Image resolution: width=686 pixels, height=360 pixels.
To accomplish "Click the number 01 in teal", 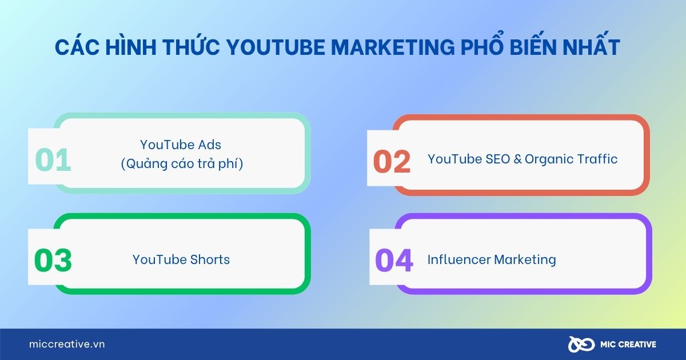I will click(x=53, y=160).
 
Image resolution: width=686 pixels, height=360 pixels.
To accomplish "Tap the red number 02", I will click(x=392, y=162).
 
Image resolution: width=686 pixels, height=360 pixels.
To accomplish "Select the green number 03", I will click(x=53, y=261).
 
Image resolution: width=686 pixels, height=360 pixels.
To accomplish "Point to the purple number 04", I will click(x=394, y=261).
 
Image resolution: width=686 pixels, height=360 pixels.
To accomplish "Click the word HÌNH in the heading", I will click(x=125, y=48).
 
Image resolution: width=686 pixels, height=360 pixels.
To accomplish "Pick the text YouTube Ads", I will click(x=181, y=145).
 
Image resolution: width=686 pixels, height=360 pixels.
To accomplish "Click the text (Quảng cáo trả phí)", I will click(x=182, y=164).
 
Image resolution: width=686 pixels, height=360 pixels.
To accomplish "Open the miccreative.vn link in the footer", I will click(x=67, y=345).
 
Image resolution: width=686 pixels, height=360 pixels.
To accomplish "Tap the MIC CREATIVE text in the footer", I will click(x=628, y=345).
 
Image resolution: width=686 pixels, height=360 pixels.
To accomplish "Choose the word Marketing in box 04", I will click(x=525, y=259).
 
